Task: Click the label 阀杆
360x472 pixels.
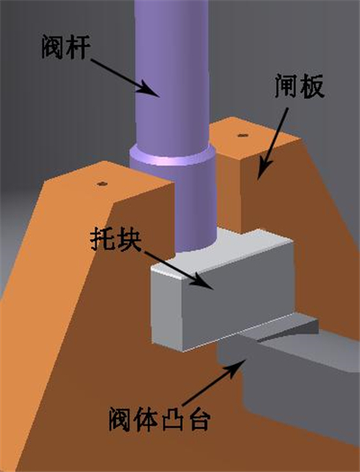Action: (x=66, y=47)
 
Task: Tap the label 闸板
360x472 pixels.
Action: (x=300, y=85)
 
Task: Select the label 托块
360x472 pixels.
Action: (x=116, y=240)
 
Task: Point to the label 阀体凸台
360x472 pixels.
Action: (x=158, y=419)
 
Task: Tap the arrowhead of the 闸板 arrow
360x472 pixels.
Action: (x=264, y=170)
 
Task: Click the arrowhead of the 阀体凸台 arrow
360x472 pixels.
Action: (x=238, y=367)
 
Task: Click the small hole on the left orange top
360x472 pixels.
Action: (x=103, y=183)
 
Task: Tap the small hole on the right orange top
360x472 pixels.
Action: (x=243, y=135)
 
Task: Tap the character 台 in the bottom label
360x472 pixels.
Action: (x=197, y=419)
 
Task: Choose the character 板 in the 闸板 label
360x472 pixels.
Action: (x=312, y=85)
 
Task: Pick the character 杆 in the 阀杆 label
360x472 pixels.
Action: (x=78, y=47)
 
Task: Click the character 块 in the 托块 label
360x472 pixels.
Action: (x=129, y=240)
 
